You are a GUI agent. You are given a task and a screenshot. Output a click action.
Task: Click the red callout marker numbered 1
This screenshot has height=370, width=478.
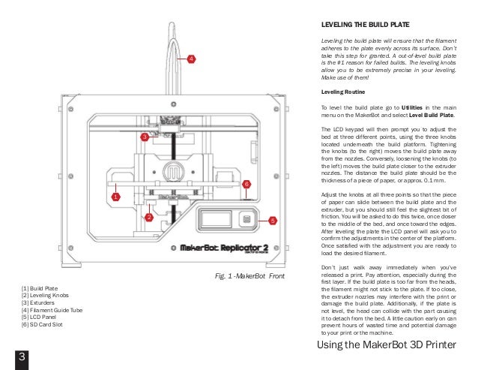[x=116, y=197]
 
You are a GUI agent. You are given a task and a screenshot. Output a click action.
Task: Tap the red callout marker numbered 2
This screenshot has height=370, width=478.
[x=149, y=218]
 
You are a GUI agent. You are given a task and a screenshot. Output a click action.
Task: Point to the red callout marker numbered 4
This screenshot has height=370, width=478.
[x=190, y=58]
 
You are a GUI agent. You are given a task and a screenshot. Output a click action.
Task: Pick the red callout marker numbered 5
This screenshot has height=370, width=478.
[x=273, y=221]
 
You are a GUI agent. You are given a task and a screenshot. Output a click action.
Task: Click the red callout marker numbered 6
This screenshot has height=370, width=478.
[x=246, y=183]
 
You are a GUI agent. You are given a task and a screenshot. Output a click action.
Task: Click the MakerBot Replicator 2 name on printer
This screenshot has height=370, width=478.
[x=221, y=247]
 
